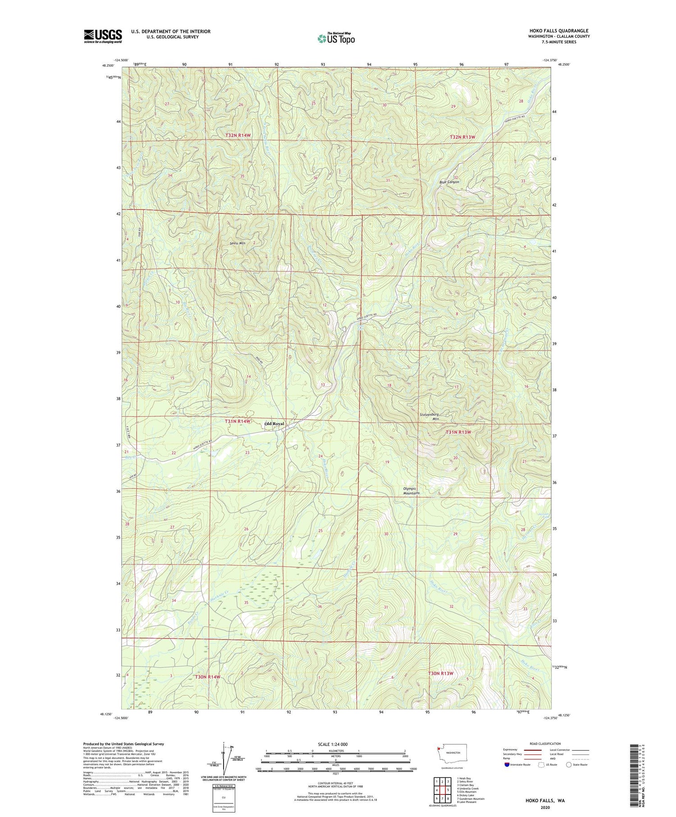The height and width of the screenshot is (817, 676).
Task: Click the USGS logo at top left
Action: [x=103, y=36]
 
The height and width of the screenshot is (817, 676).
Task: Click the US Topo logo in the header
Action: [x=336, y=39]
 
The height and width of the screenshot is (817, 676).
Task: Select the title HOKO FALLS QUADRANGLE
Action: [x=553, y=31]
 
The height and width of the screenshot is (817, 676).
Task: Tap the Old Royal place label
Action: [x=274, y=424]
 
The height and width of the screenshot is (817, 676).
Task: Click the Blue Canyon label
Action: [x=449, y=182]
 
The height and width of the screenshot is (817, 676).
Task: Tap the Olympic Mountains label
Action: [x=411, y=491]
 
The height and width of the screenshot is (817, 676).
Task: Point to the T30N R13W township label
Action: [x=440, y=673]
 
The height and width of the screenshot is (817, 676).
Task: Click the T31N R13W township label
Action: [x=458, y=432]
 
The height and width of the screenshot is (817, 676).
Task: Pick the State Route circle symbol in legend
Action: [x=569, y=765]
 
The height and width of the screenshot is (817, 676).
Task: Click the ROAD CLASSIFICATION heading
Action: [x=545, y=744]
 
